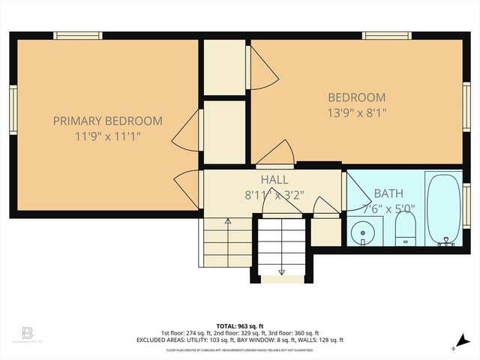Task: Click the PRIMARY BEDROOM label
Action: coord(107,121)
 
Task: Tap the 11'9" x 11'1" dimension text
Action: coord(107,136)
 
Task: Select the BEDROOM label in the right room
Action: coord(357,97)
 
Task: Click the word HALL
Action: coord(274,180)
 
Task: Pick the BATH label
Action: coord(388,193)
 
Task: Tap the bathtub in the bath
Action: coord(444,208)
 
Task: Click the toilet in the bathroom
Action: coord(405,226)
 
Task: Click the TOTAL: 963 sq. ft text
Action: coord(240,326)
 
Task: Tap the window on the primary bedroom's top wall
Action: coord(78,34)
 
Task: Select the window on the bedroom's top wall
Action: coord(386,34)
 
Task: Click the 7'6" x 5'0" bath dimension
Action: coord(388,208)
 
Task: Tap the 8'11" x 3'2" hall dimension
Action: coord(274,195)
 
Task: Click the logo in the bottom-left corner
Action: coord(28,332)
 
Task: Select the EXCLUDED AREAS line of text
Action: coord(240,340)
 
